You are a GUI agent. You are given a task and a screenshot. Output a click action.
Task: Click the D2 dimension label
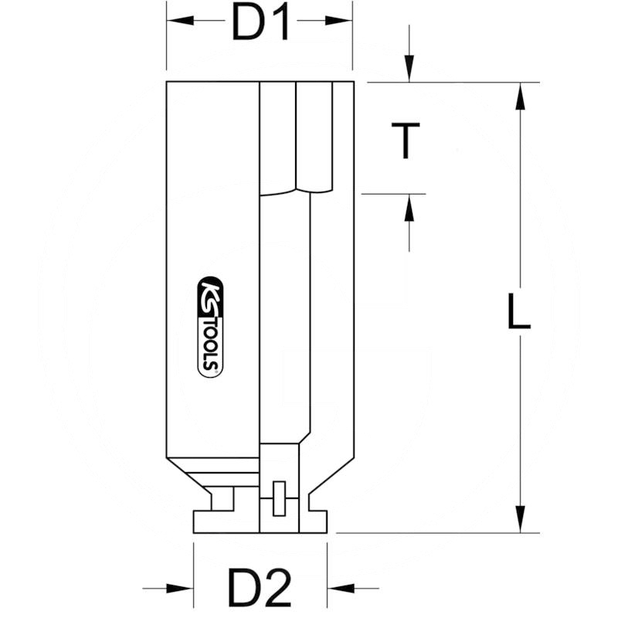260,589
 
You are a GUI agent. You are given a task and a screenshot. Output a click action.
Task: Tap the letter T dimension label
405,141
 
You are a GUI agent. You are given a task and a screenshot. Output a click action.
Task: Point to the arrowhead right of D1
340,21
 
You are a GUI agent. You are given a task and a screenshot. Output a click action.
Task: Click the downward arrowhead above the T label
409,70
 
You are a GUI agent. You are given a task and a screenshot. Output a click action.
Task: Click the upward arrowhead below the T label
409,207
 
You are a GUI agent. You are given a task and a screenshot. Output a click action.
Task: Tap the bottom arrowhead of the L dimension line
521,519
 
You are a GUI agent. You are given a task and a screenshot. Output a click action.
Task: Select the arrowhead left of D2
181,589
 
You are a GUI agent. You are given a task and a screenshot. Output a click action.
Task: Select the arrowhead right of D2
340,589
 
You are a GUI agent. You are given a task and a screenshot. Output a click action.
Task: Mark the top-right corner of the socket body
354,82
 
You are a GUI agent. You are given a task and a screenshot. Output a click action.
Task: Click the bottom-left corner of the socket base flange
193,532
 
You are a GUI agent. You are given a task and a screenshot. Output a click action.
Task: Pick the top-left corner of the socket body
167,82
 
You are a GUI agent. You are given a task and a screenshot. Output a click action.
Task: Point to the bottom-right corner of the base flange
327,532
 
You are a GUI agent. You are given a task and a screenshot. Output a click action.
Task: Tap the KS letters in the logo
209,297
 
